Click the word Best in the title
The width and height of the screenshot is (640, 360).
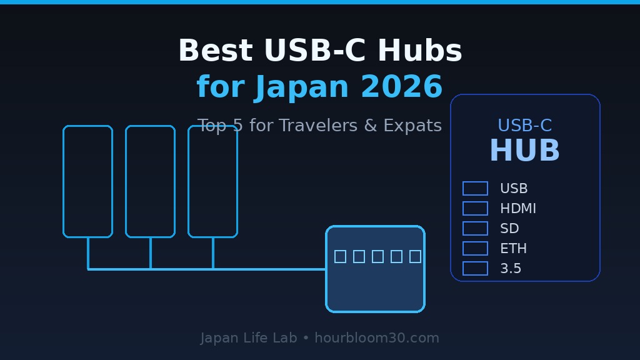(x=215, y=51)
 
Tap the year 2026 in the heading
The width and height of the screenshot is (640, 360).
(x=401, y=87)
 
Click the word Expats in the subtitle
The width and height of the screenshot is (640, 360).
(x=412, y=126)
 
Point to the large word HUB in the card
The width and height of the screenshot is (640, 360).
(x=524, y=151)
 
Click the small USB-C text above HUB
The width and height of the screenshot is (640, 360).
(x=524, y=126)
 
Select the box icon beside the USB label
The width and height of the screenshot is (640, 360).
(x=475, y=189)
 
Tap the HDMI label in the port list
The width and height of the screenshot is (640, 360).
(x=517, y=209)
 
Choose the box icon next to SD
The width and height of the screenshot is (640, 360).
(x=475, y=229)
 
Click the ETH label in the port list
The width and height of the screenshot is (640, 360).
(x=513, y=249)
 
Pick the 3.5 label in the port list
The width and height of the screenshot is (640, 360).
(x=510, y=269)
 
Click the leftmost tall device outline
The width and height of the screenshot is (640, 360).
(x=87, y=181)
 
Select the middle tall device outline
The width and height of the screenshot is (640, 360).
(x=150, y=181)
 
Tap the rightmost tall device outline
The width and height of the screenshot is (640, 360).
(x=212, y=181)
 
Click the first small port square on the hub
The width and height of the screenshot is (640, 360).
(x=340, y=256)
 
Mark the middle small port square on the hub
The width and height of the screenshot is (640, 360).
(x=377, y=256)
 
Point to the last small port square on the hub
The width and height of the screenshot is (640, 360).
(x=415, y=256)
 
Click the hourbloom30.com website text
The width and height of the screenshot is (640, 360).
(x=376, y=338)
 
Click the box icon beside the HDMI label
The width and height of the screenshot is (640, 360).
(x=475, y=209)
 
